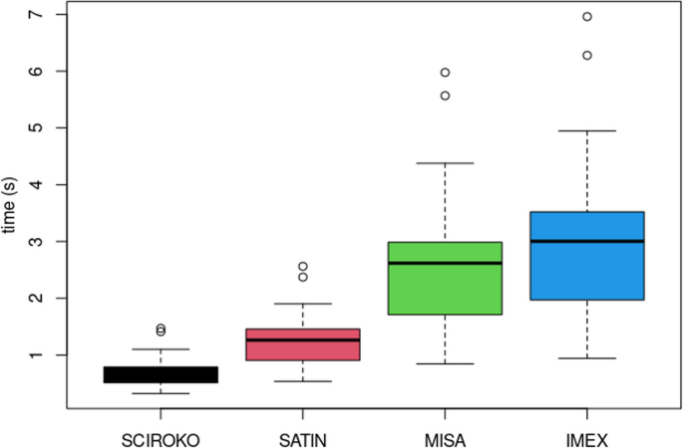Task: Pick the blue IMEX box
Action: coord(586,255)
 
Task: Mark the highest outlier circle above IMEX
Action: coord(586,17)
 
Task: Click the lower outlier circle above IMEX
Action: coord(586,56)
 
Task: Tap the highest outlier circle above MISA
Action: coord(445,73)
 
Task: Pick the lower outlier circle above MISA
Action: coord(445,96)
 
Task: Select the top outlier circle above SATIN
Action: coord(302,267)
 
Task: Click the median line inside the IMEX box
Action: coord(586,241)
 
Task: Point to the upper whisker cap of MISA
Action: coord(444,162)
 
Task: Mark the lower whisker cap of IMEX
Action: coord(586,358)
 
